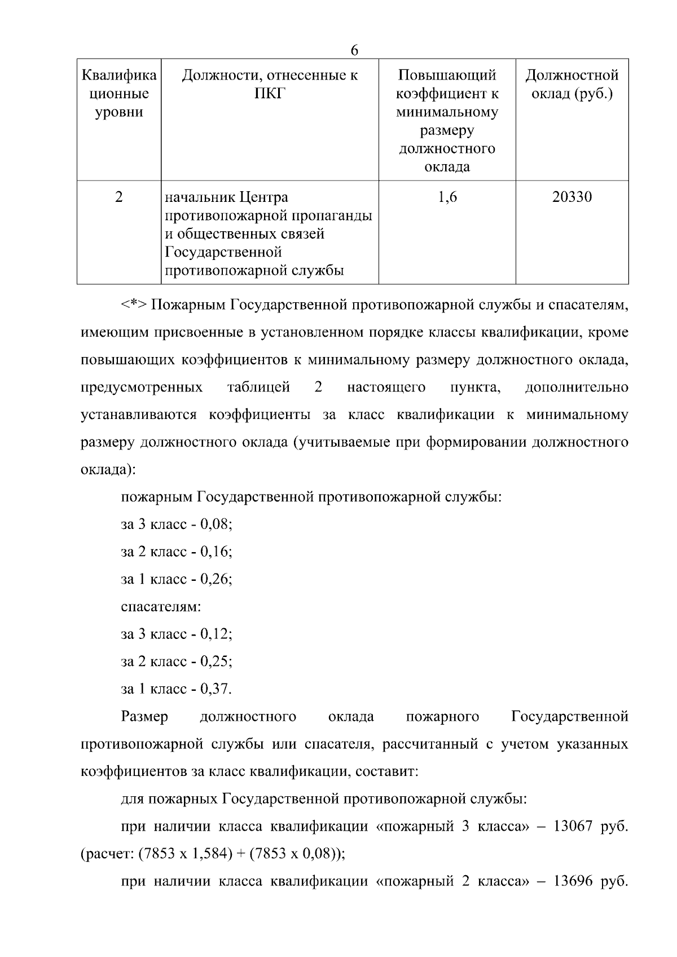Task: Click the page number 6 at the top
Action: pos(354,51)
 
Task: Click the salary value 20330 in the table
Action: pos(572,197)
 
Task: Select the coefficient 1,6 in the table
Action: pos(447,197)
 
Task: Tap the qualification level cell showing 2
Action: pos(118,197)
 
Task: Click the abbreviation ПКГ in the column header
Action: pos(270,94)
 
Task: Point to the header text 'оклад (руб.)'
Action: pos(572,94)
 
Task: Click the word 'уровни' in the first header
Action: pos(119,112)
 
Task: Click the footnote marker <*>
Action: pos(134,305)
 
